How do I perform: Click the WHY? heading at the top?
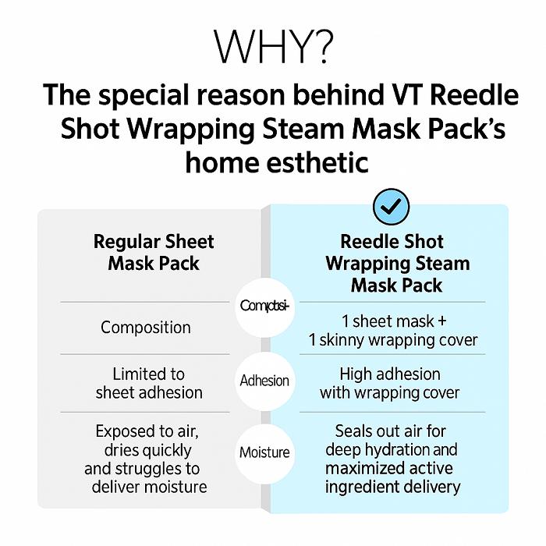(x=272, y=48)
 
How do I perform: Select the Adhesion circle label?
(x=264, y=381)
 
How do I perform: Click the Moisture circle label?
(x=264, y=452)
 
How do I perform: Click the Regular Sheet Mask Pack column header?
(x=154, y=252)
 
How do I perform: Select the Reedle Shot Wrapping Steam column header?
(x=397, y=263)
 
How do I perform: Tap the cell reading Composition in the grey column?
(x=146, y=328)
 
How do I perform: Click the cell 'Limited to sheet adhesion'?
(x=149, y=383)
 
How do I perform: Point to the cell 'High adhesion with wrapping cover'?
(x=390, y=383)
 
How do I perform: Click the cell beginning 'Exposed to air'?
(x=149, y=459)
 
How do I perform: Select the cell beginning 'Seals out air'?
(x=392, y=459)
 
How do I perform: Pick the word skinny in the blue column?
(x=367, y=340)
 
